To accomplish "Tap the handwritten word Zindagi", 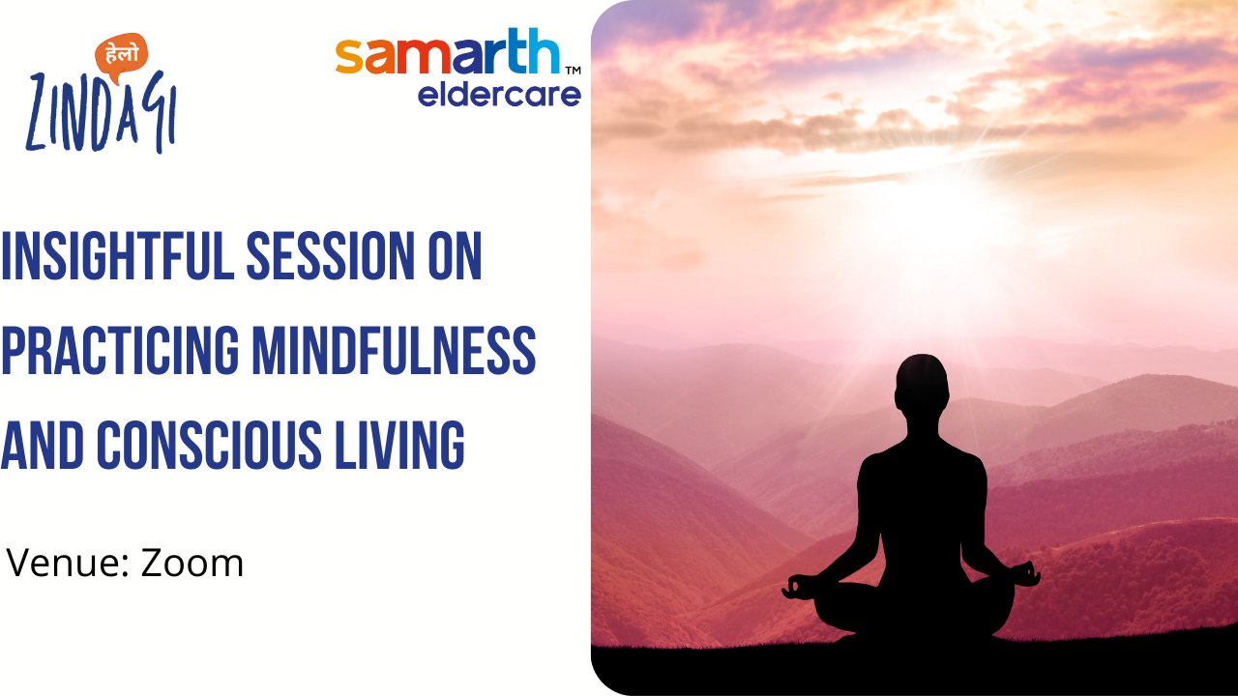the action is click(x=102, y=112).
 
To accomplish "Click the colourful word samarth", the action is click(x=448, y=51).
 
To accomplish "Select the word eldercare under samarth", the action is click(x=499, y=95).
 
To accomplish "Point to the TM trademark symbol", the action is click(x=574, y=71).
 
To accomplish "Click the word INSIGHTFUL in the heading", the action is click(x=118, y=256).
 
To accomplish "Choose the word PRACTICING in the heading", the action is click(x=120, y=350).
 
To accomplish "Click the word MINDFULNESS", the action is click(x=394, y=350).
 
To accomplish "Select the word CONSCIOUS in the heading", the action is click(x=209, y=445).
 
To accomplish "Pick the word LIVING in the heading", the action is click(x=399, y=445).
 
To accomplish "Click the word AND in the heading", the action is click(x=43, y=445).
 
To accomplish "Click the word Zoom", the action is click(x=192, y=563).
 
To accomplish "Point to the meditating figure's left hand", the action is click(x=798, y=587).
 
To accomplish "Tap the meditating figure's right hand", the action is click(x=1024, y=574).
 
